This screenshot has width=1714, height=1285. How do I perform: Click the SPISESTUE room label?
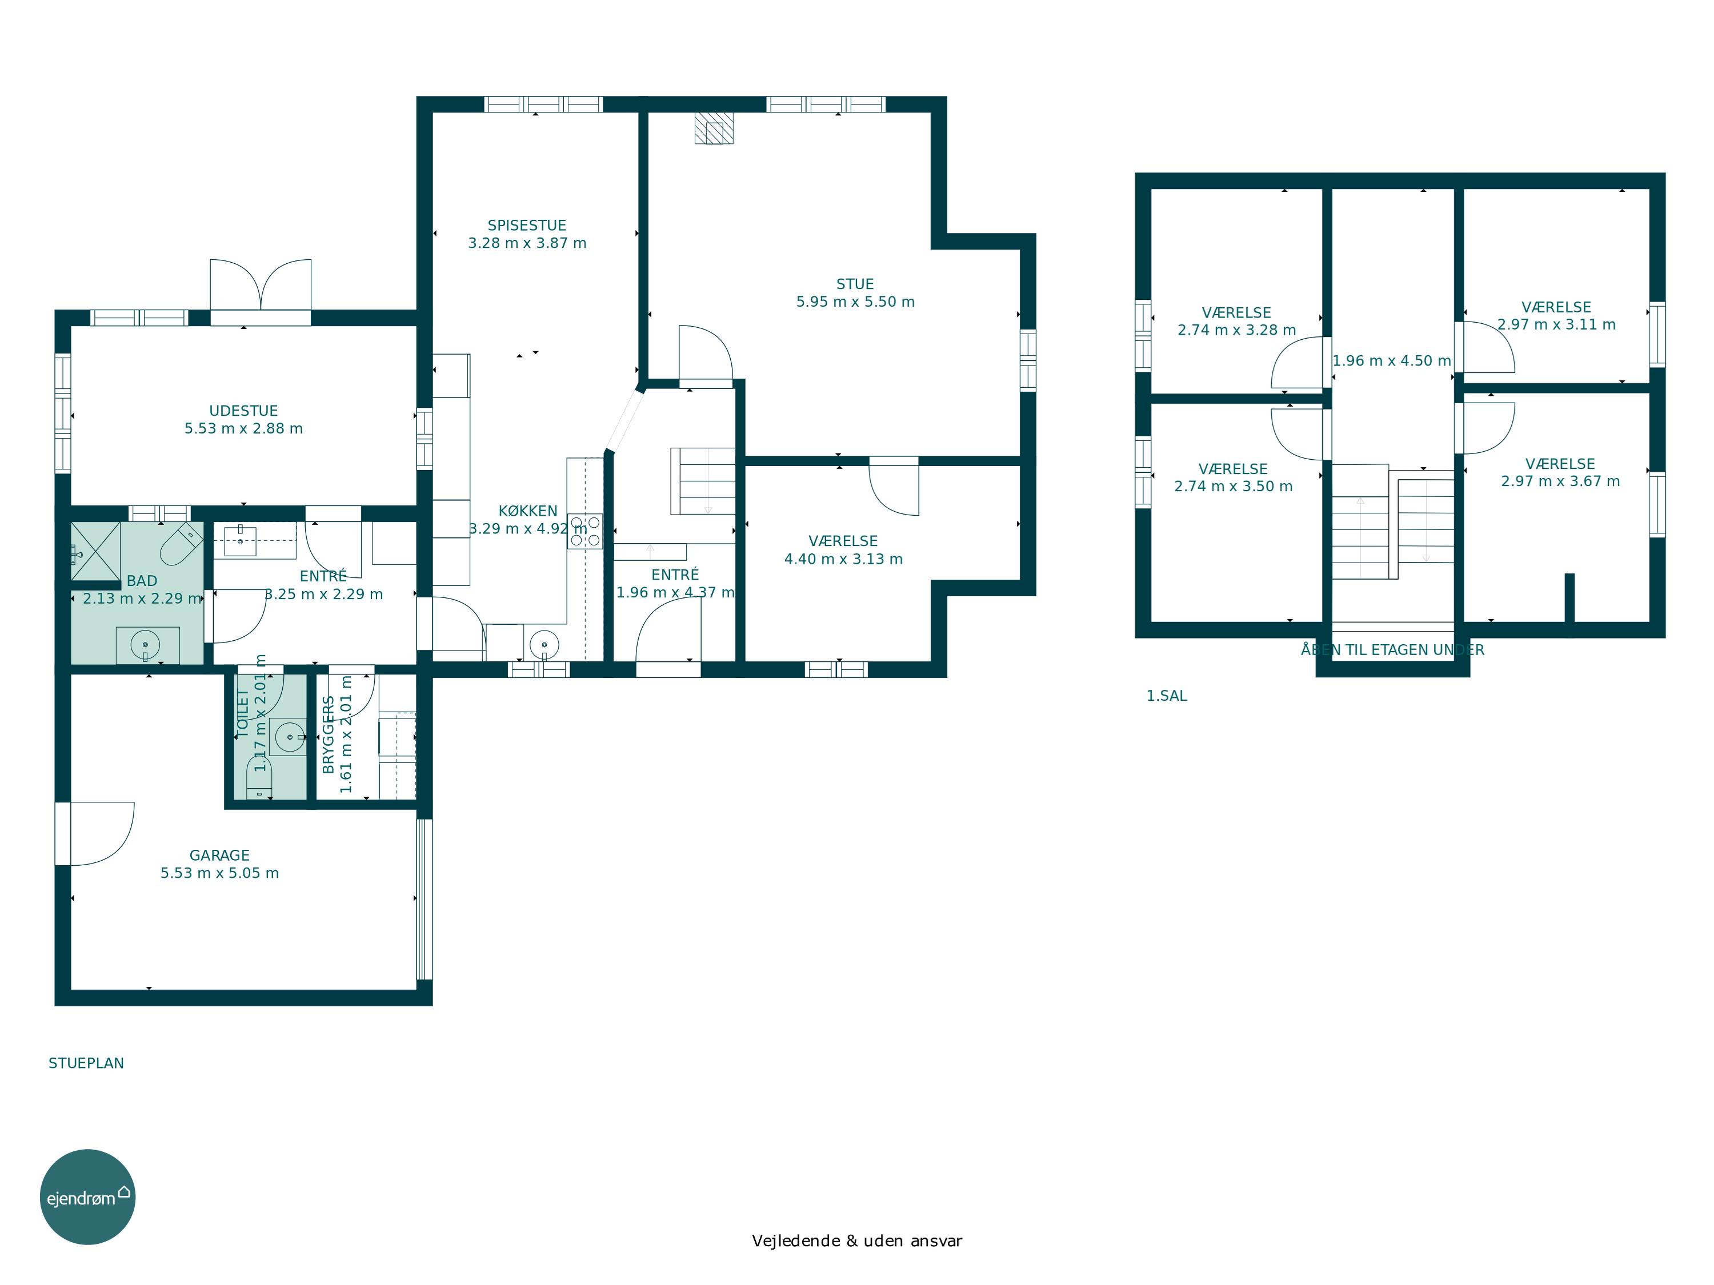527,226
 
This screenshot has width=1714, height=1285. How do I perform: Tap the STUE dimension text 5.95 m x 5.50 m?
855,302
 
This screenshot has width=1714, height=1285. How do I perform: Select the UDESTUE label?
243,411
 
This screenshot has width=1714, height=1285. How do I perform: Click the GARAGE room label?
219,855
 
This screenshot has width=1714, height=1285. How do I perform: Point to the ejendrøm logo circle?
87,1196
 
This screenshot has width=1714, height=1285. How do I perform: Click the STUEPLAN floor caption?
86,1063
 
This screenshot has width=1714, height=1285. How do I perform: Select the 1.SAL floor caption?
1166,696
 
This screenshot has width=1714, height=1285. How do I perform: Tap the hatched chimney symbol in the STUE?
714,128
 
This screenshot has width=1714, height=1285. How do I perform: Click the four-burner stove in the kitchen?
585,531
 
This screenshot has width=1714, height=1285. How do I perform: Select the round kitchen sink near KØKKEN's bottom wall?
544,644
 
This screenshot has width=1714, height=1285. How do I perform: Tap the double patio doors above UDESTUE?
261,285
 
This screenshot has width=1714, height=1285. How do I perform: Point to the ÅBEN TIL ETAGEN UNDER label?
1392,650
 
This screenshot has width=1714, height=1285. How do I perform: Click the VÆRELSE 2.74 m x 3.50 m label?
1233,478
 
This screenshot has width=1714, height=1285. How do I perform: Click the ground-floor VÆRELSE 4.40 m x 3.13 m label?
843,550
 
